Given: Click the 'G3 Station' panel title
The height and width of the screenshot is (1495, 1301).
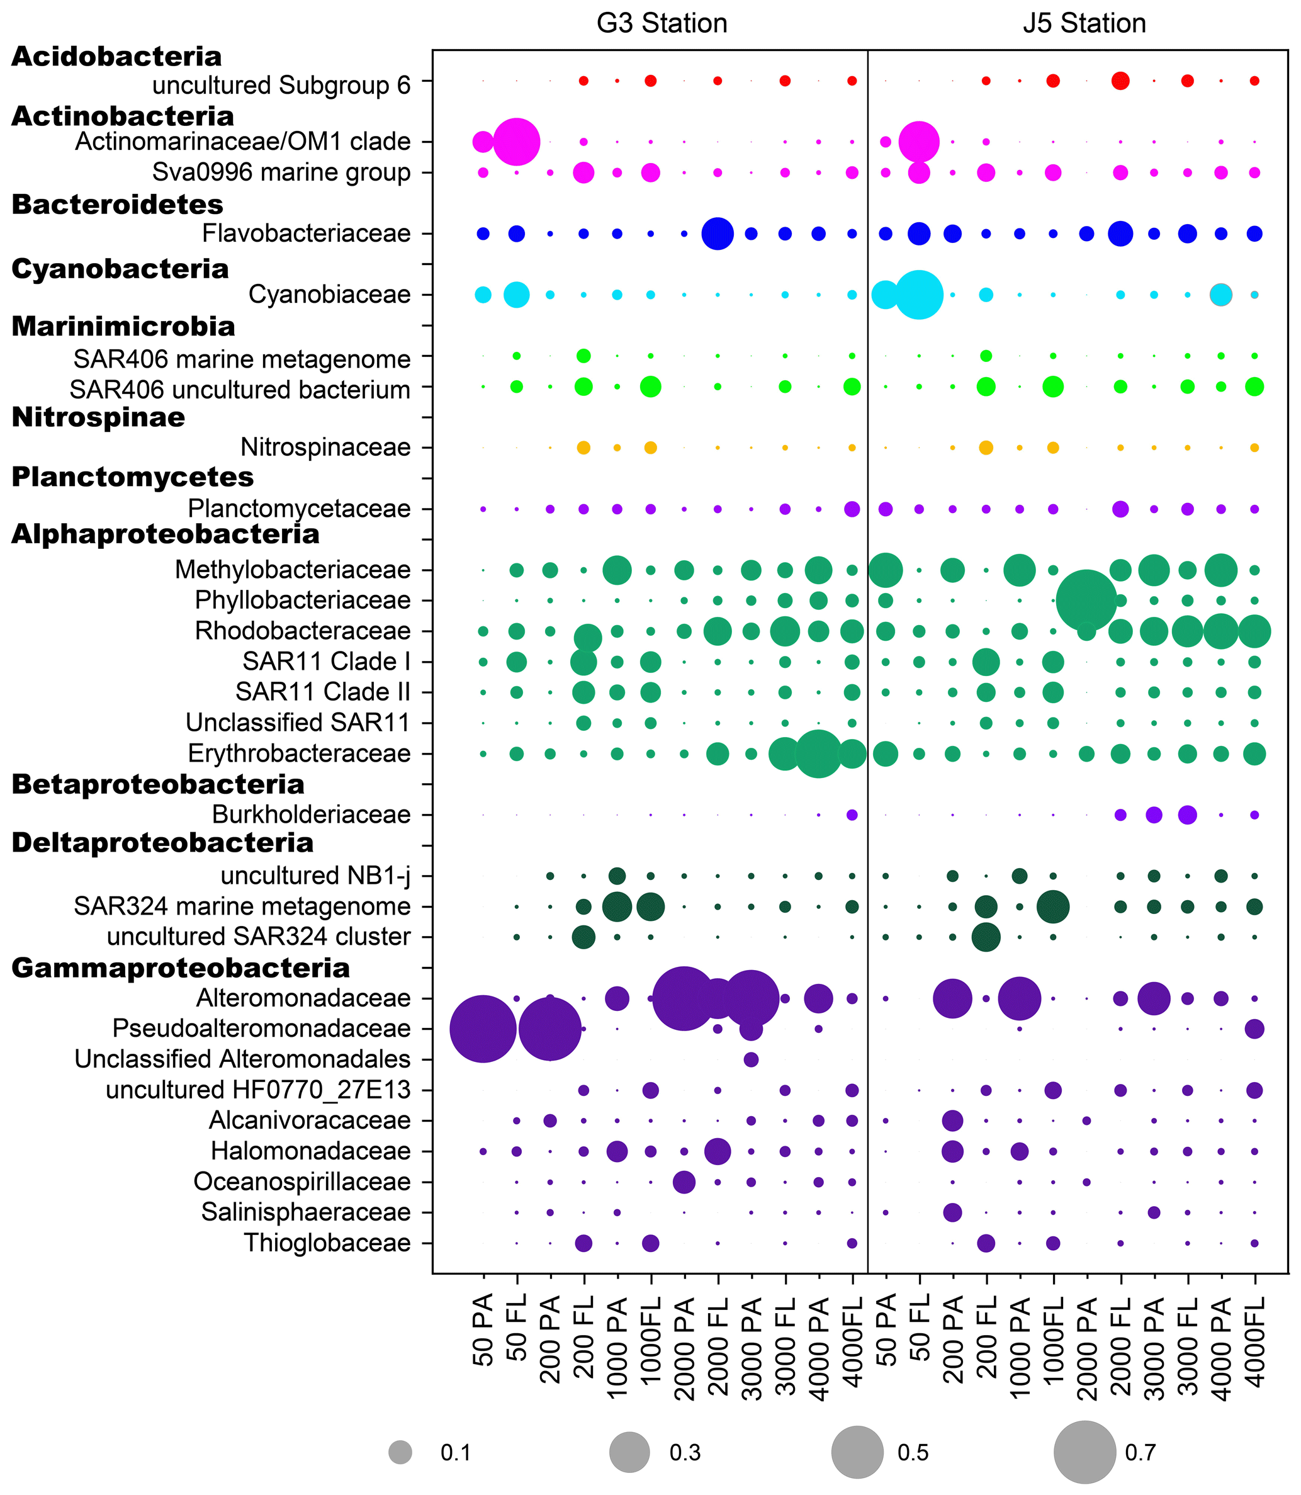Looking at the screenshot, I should pyautogui.click(x=662, y=23).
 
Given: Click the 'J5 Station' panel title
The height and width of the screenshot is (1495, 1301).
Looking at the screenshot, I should pyautogui.click(x=1084, y=23).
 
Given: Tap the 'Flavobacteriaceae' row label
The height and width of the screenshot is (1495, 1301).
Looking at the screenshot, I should pyautogui.click(x=306, y=234).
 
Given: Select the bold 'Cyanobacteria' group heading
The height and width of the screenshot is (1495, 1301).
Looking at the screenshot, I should pyautogui.click(x=120, y=269).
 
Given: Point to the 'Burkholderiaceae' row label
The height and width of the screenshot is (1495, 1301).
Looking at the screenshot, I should pyautogui.click(x=311, y=815).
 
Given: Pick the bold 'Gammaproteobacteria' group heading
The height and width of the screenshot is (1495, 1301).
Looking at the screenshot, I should pyautogui.click(x=181, y=968).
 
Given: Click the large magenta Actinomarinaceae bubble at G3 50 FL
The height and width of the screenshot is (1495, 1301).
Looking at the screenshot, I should pyautogui.click(x=516, y=142).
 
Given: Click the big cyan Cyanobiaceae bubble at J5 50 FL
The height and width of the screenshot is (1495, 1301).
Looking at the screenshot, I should pyautogui.click(x=919, y=295).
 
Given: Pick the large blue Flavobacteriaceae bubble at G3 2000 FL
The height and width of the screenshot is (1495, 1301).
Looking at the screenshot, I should pyautogui.click(x=718, y=234).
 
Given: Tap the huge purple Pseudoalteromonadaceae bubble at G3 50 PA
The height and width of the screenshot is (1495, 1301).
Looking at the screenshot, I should pyautogui.click(x=483, y=1029).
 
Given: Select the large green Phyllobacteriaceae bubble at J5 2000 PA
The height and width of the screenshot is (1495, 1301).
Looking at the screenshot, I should pyautogui.click(x=1086, y=601).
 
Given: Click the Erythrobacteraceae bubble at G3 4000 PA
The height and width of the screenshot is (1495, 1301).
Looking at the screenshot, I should pyautogui.click(x=818, y=753).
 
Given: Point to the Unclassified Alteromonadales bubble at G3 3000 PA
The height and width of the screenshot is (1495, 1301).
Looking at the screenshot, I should pyautogui.click(x=751, y=1059).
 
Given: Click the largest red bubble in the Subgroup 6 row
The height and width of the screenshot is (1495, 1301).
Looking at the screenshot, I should pyautogui.click(x=1120, y=81).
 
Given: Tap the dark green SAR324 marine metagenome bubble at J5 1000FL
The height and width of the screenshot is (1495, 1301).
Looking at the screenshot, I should pyautogui.click(x=1053, y=906).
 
